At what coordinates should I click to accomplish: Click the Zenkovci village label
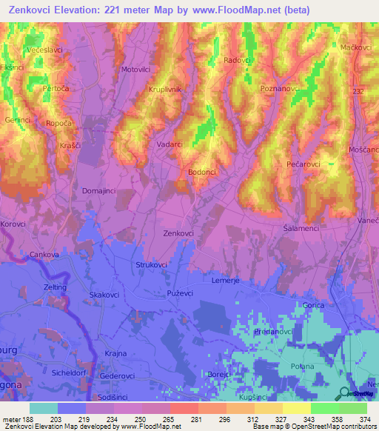178,233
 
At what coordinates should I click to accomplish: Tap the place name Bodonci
202,172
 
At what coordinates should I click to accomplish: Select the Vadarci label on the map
170,145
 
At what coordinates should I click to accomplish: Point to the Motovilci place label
135,70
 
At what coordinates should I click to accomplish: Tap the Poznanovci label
280,88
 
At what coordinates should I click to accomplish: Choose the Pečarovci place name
303,163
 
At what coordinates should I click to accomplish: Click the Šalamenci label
301,229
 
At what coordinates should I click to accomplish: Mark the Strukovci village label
153,264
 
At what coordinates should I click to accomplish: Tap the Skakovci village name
104,295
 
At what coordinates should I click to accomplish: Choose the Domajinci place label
99,191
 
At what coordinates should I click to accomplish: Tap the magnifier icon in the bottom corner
344,394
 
